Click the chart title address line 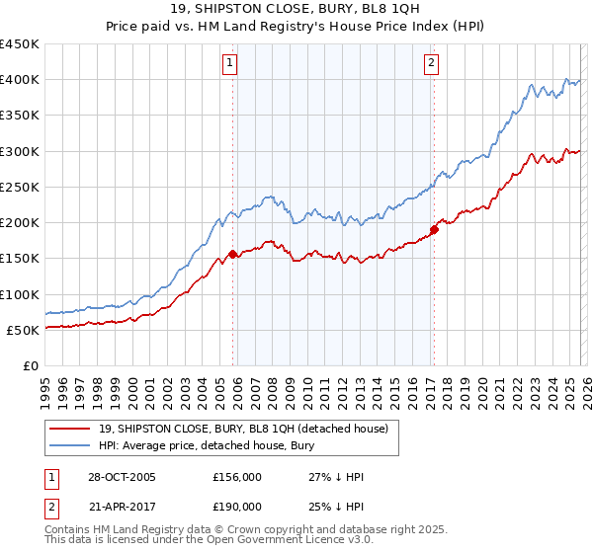pos(296,9)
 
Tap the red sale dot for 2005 pos(233,254)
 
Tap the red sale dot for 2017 pos(433,230)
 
